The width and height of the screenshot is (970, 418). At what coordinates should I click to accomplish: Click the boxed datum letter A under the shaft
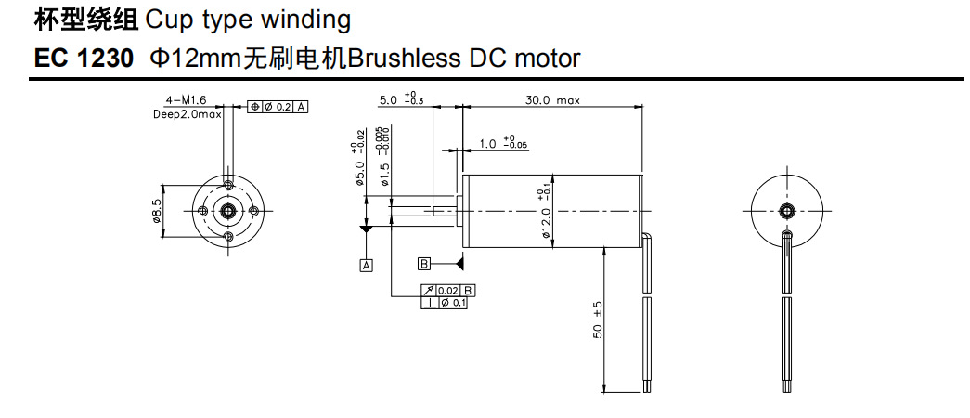click(x=366, y=265)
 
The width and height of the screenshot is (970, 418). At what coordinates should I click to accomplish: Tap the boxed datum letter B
click(x=424, y=264)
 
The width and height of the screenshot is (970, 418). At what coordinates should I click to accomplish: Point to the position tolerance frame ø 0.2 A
click(x=278, y=107)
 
